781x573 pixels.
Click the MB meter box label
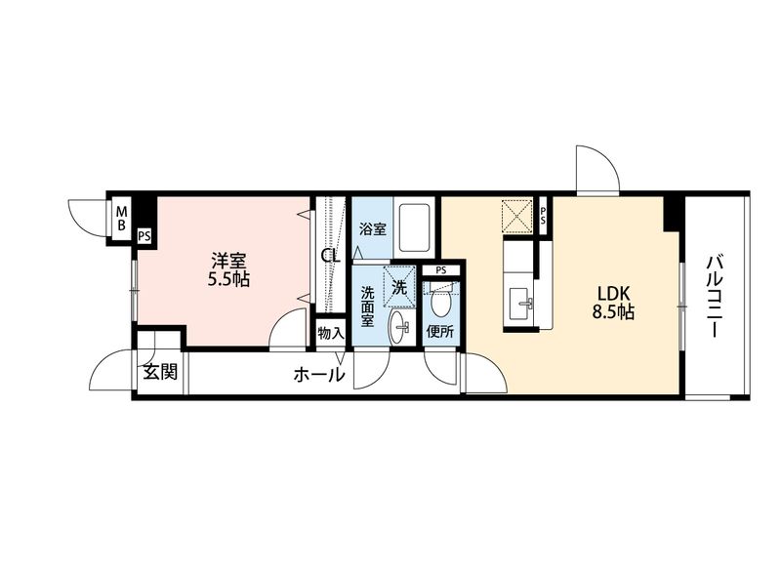coord(121,219)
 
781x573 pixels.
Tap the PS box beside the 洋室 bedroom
coord(144,235)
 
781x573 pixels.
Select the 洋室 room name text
coord(228,261)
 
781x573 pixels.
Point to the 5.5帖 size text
coord(228,279)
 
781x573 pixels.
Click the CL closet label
coord(330,257)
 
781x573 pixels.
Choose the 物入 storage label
coord(331,333)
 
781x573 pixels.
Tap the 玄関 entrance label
coord(160,371)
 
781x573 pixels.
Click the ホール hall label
coord(319,375)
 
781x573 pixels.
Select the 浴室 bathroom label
coord(373,229)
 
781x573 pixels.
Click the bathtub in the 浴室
coord(414,228)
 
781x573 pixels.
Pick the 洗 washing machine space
coord(399,287)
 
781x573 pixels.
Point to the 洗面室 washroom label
coord(367,307)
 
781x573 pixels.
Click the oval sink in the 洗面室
coord(399,327)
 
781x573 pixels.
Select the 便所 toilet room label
coord(440,332)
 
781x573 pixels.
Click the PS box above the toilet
coord(441,270)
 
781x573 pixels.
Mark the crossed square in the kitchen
coord(517,216)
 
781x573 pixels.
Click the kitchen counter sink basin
coord(521,303)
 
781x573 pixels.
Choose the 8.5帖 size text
coord(613,312)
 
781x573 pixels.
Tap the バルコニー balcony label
coord(716,297)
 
